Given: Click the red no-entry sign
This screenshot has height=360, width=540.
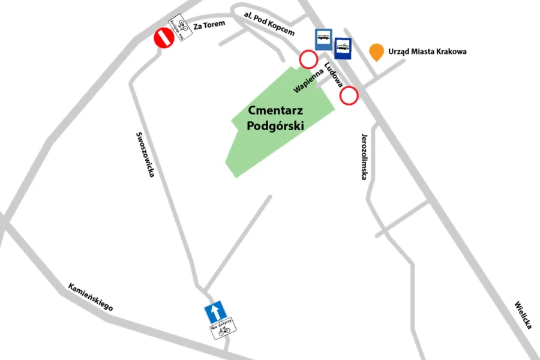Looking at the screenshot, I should pyautogui.click(x=164, y=38).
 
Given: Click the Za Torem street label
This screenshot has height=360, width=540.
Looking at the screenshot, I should pyautogui.click(x=209, y=25).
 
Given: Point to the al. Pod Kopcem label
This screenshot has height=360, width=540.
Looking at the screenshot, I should pyautogui.click(x=269, y=23).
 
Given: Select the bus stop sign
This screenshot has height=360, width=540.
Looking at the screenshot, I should pyautogui.click(x=323, y=40).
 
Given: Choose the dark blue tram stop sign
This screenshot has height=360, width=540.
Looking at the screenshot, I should pyautogui.click(x=343, y=48).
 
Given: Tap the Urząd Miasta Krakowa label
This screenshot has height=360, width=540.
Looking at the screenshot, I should pyautogui.click(x=427, y=52).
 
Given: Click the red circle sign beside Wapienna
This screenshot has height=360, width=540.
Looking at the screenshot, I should pyautogui.click(x=308, y=59).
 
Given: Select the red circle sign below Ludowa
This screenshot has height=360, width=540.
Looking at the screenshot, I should pyautogui.click(x=349, y=95).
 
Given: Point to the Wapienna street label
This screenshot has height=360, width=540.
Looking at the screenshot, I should pyautogui.click(x=308, y=81).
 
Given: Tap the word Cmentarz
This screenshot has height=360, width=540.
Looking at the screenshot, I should pyautogui.click(x=276, y=112).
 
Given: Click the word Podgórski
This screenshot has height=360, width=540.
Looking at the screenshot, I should pyautogui.click(x=276, y=126).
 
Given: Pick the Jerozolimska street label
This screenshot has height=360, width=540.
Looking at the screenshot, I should pyautogui.click(x=364, y=157).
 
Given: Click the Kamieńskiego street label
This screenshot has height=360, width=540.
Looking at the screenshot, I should pyautogui.click(x=90, y=296).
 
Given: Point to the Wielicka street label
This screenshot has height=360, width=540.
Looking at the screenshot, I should pyautogui.click(x=523, y=314).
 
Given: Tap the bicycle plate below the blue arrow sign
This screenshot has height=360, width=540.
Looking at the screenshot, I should pyautogui.click(x=223, y=329).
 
